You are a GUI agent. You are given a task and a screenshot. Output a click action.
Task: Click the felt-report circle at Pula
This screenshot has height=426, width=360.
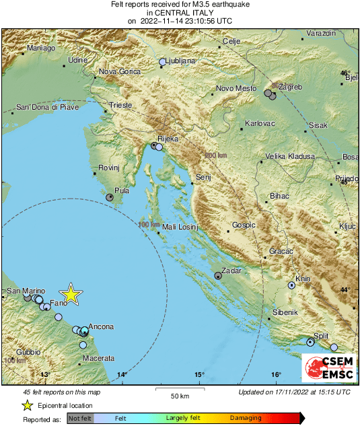(x=110, y=197)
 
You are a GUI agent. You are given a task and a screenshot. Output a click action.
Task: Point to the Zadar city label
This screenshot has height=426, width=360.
(x=231, y=270)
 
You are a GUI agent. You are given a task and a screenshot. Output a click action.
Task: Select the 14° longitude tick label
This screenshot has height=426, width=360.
(x=122, y=374)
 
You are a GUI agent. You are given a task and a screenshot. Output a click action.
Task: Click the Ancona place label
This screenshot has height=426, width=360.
(x=101, y=326)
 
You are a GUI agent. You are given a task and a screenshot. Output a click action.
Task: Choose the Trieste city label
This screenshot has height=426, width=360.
(x=120, y=106)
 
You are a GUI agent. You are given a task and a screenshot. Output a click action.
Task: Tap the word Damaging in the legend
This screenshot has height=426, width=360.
(x=246, y=419)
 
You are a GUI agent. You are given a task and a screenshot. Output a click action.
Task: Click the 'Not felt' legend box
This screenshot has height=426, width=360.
(x=80, y=419)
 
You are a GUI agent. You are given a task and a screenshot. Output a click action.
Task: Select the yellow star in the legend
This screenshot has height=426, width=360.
(x=27, y=405)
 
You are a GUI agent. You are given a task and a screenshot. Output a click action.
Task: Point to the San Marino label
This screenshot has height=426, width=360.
(x=26, y=291)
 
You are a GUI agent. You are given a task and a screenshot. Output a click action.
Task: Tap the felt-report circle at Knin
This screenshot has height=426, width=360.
(x=292, y=285)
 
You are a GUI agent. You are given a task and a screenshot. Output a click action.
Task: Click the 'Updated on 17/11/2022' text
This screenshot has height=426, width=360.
(x=294, y=392)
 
